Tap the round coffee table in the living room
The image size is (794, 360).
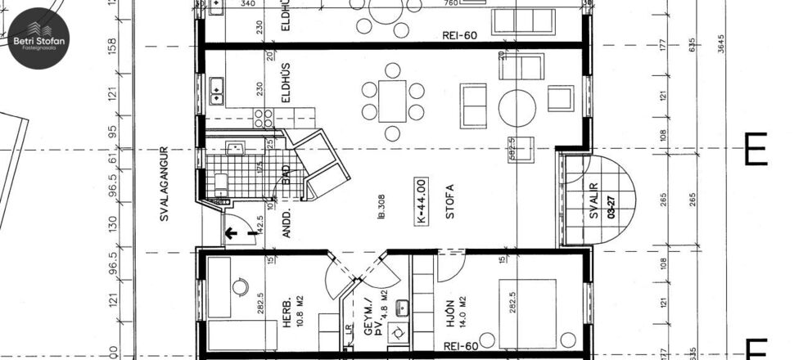click(x=517, y=105)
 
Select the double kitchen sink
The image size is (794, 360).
click(x=218, y=90)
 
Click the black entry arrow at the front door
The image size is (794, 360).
click(x=232, y=232)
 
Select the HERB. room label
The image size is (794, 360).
click(x=287, y=315)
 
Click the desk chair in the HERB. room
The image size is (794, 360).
click(x=239, y=287)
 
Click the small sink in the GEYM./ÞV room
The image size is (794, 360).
click(x=401, y=308)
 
